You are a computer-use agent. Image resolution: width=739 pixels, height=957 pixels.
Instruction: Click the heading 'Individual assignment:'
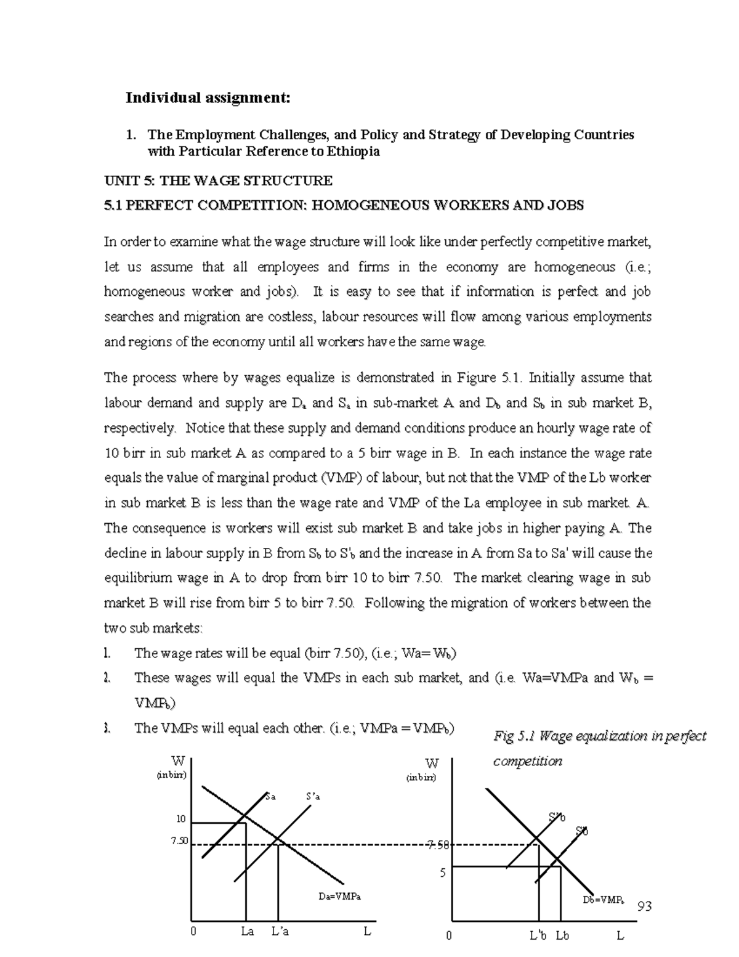click(x=208, y=98)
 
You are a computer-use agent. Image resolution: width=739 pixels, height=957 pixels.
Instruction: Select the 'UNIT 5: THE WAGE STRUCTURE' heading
click(x=218, y=181)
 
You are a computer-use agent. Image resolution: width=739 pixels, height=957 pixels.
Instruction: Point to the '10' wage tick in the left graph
click(x=180, y=819)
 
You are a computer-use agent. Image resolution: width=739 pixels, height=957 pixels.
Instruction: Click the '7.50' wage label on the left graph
click(x=179, y=841)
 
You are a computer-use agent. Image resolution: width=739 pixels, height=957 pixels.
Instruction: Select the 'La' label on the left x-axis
click(x=248, y=931)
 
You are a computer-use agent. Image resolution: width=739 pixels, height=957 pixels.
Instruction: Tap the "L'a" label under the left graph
click(x=280, y=931)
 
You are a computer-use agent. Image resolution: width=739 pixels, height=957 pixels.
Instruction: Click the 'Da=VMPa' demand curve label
click(x=339, y=896)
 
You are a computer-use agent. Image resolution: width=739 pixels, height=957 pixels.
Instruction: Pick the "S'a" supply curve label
click(x=313, y=796)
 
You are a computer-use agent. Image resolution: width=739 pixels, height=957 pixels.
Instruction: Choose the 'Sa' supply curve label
click(x=270, y=796)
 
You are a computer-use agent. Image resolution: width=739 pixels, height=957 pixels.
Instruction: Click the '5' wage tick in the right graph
click(x=442, y=873)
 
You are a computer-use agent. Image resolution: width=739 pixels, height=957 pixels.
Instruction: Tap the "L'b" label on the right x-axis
click(x=538, y=935)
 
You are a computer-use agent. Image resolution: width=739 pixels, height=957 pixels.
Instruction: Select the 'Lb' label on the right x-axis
click(x=562, y=935)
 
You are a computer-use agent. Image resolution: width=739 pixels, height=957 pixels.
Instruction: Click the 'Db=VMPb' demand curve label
click(x=604, y=900)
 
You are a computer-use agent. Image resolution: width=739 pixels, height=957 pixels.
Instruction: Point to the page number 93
click(x=644, y=906)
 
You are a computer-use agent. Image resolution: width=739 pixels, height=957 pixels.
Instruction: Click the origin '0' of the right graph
click(x=449, y=935)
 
